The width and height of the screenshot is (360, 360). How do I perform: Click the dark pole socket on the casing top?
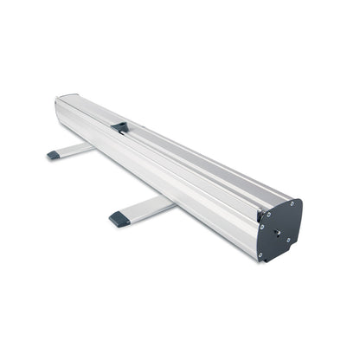(119, 127)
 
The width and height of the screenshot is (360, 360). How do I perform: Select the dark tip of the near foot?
(119, 218)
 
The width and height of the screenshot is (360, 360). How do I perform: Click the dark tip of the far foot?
(54, 155)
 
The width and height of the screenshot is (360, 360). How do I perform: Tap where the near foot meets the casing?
(170, 201)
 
